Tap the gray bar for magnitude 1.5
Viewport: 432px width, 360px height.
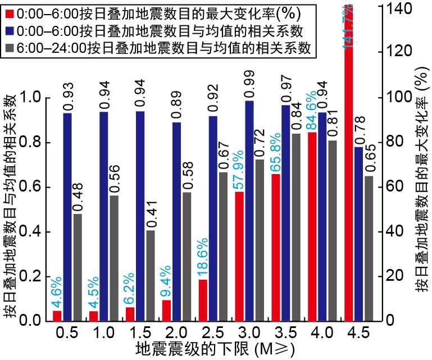[151, 275]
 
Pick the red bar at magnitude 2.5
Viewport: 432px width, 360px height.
[203, 300]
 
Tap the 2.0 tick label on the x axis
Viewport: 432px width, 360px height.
[167, 332]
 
